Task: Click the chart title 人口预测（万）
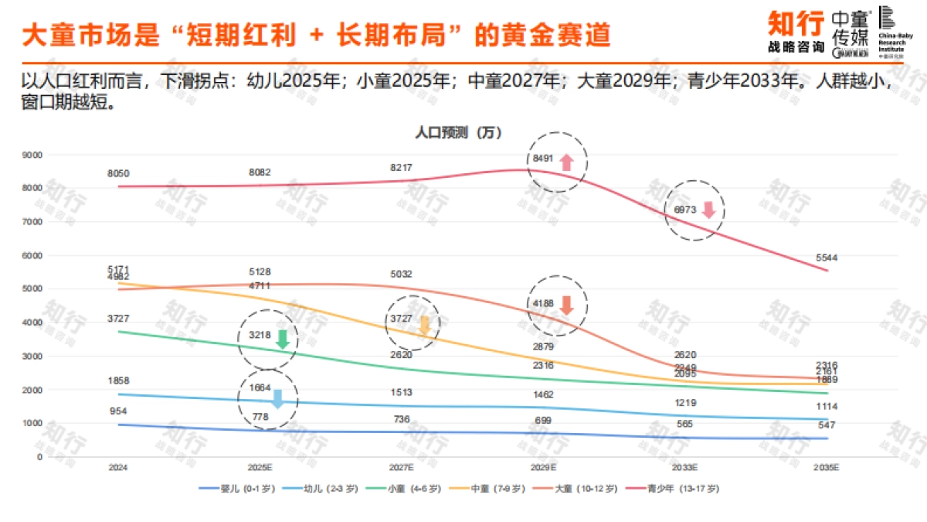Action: [x=458, y=132]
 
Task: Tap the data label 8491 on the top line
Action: [x=543, y=159]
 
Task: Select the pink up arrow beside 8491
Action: [x=565, y=162]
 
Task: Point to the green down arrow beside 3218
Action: [x=282, y=339]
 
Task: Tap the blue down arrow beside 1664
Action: [x=278, y=398]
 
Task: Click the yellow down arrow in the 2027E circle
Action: [x=423, y=326]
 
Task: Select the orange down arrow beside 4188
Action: [x=566, y=305]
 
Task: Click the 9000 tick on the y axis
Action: [x=32, y=155]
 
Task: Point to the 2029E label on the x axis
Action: [x=543, y=469]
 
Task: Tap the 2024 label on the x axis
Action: [x=118, y=469]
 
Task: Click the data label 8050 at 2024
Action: [x=118, y=173]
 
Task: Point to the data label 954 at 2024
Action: [x=118, y=411]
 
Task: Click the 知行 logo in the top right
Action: [x=794, y=31]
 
